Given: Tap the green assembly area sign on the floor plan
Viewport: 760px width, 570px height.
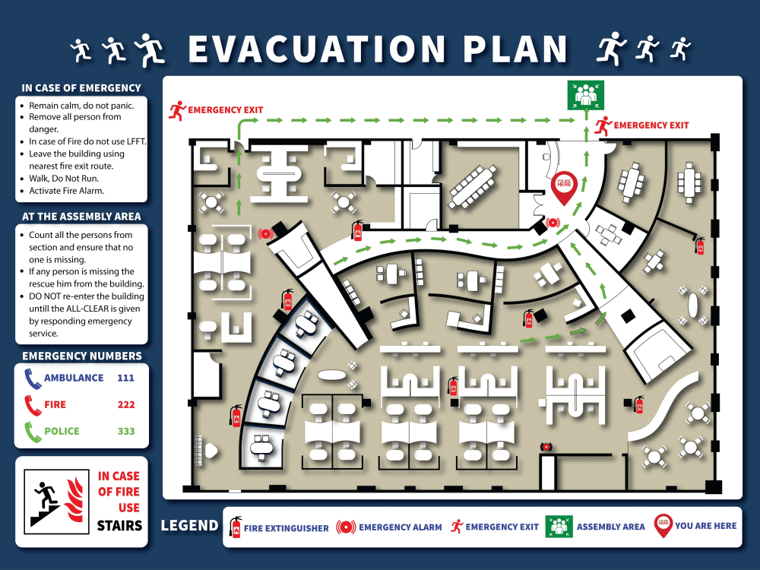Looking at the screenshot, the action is click(x=584, y=95).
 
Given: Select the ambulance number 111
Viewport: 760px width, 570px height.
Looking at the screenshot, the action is click(x=126, y=378).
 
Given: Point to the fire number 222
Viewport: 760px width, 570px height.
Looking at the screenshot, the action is click(x=126, y=404).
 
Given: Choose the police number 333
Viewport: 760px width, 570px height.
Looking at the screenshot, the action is click(x=126, y=431).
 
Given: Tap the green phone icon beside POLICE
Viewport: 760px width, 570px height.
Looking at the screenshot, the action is click(x=33, y=431).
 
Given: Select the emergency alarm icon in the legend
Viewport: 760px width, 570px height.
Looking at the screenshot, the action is click(x=346, y=527).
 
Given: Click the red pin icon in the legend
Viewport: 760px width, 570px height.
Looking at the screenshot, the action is click(x=663, y=526).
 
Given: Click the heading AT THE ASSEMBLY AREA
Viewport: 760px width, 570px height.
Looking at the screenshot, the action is click(x=81, y=216).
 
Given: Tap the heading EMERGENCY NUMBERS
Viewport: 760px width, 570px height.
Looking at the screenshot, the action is click(x=81, y=356).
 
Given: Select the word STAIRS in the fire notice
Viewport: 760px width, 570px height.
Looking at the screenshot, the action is click(x=119, y=525).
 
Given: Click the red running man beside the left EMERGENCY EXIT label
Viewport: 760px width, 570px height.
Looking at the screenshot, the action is click(x=178, y=110).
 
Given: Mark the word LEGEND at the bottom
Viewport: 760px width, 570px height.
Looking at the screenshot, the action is click(x=189, y=526).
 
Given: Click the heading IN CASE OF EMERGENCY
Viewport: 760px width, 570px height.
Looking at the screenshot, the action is click(x=81, y=88).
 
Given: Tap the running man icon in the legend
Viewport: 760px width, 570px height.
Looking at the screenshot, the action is click(x=457, y=526).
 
